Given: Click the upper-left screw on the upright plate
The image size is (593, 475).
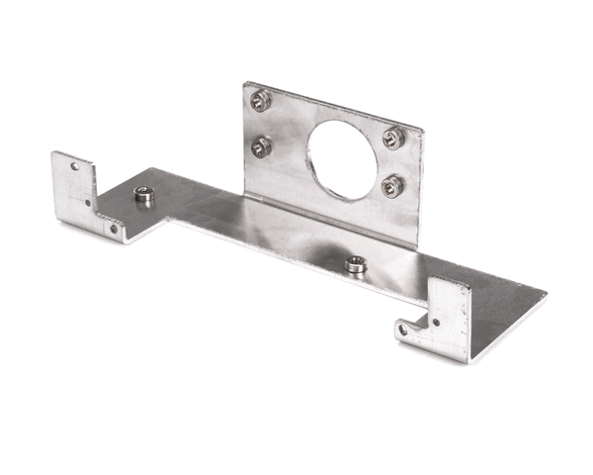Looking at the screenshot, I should (x=260, y=99).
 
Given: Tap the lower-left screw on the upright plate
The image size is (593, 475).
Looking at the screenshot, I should (x=260, y=146).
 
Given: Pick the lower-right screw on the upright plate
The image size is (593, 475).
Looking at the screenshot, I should (x=392, y=183).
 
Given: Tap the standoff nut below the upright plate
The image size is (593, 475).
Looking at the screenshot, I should (x=354, y=264).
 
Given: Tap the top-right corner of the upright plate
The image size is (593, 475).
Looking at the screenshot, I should (x=423, y=130).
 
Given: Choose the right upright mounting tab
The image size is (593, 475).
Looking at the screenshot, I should (x=445, y=315).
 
